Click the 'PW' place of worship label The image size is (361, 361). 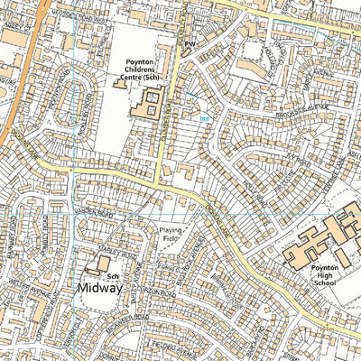[190, 42]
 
